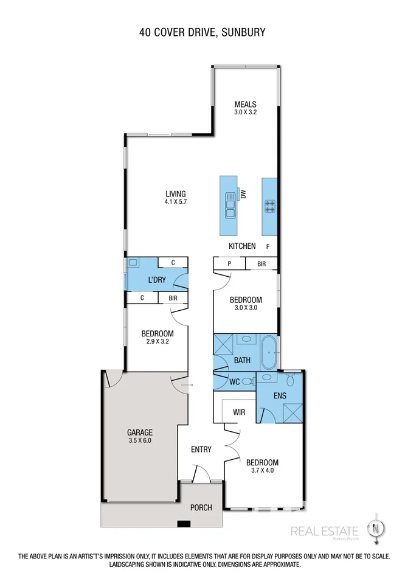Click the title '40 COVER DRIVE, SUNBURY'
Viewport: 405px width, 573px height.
point(202,32)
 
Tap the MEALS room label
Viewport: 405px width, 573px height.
point(246,104)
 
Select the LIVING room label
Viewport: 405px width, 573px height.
point(175,194)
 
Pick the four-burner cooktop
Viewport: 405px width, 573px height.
point(270,206)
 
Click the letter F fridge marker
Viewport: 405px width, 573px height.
point(268,246)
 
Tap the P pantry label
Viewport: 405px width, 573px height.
point(229,264)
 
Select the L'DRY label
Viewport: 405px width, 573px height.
point(157,280)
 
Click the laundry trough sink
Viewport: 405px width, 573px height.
point(134,263)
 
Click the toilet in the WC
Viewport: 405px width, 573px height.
point(247,382)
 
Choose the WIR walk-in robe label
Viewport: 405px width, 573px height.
point(239,412)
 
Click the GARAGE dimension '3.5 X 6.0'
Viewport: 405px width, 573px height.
point(139,440)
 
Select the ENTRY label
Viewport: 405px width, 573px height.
point(201,450)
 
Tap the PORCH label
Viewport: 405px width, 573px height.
point(201,507)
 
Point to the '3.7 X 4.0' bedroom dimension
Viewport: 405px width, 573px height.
point(263,471)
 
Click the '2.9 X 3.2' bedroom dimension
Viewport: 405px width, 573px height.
point(157,342)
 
